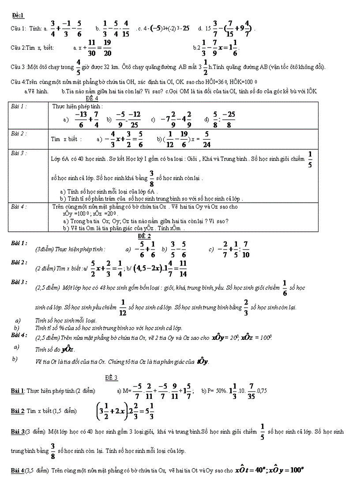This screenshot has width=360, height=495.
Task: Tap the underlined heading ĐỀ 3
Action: [111, 378]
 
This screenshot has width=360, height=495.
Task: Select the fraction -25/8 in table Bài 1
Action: [229, 119]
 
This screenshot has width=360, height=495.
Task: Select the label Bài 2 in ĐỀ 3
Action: [17, 411]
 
